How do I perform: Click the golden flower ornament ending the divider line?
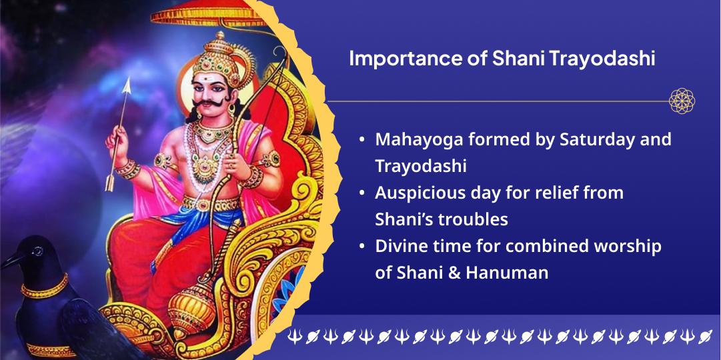coord(682,101)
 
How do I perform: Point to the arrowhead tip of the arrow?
coord(127,78)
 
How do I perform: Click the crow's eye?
coord(38,251)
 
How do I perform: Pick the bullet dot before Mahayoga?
coord(363,139)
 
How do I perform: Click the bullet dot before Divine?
coord(363,245)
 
